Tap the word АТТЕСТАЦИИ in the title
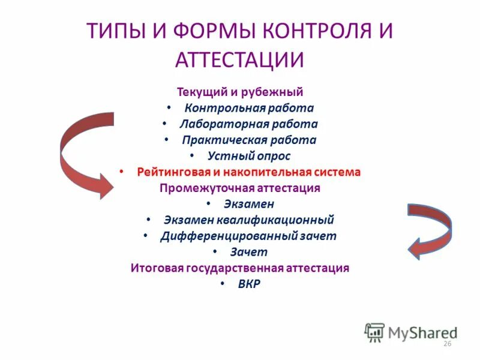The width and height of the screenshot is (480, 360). pos(240,60)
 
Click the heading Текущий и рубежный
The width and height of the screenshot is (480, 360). pos(240,92)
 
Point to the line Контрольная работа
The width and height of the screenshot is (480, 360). pos(249,109)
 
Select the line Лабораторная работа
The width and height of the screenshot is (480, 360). pos(248,124)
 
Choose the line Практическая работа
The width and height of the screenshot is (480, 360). pos(249,140)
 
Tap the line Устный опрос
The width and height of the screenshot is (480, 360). pos(248,156)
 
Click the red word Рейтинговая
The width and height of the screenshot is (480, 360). pos(171,172)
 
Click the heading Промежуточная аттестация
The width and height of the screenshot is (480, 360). pos(240,188)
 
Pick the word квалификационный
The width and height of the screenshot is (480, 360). pos(287,220)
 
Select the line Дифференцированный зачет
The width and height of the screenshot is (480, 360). pos(248,236)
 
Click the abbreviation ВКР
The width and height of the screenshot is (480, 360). pos(248,284)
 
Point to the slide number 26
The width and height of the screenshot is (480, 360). pos(446,343)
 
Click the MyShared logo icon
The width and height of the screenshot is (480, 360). pos(374,331)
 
